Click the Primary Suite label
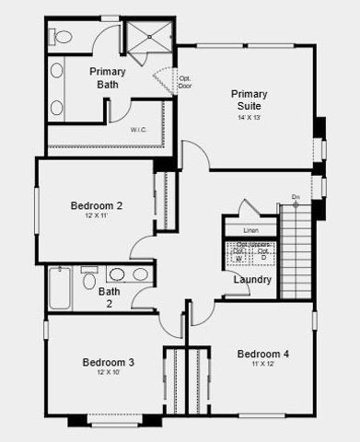click(x=249, y=99)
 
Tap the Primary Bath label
click(x=107, y=77)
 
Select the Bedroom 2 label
click(x=97, y=205)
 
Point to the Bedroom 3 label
click(x=108, y=362)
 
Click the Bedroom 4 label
click(x=263, y=354)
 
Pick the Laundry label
click(x=252, y=279)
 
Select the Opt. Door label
click(x=185, y=82)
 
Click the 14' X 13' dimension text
click(x=250, y=117)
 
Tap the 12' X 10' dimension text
click(x=108, y=374)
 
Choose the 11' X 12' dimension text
click(x=263, y=365)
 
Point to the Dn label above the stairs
click(x=296, y=197)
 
